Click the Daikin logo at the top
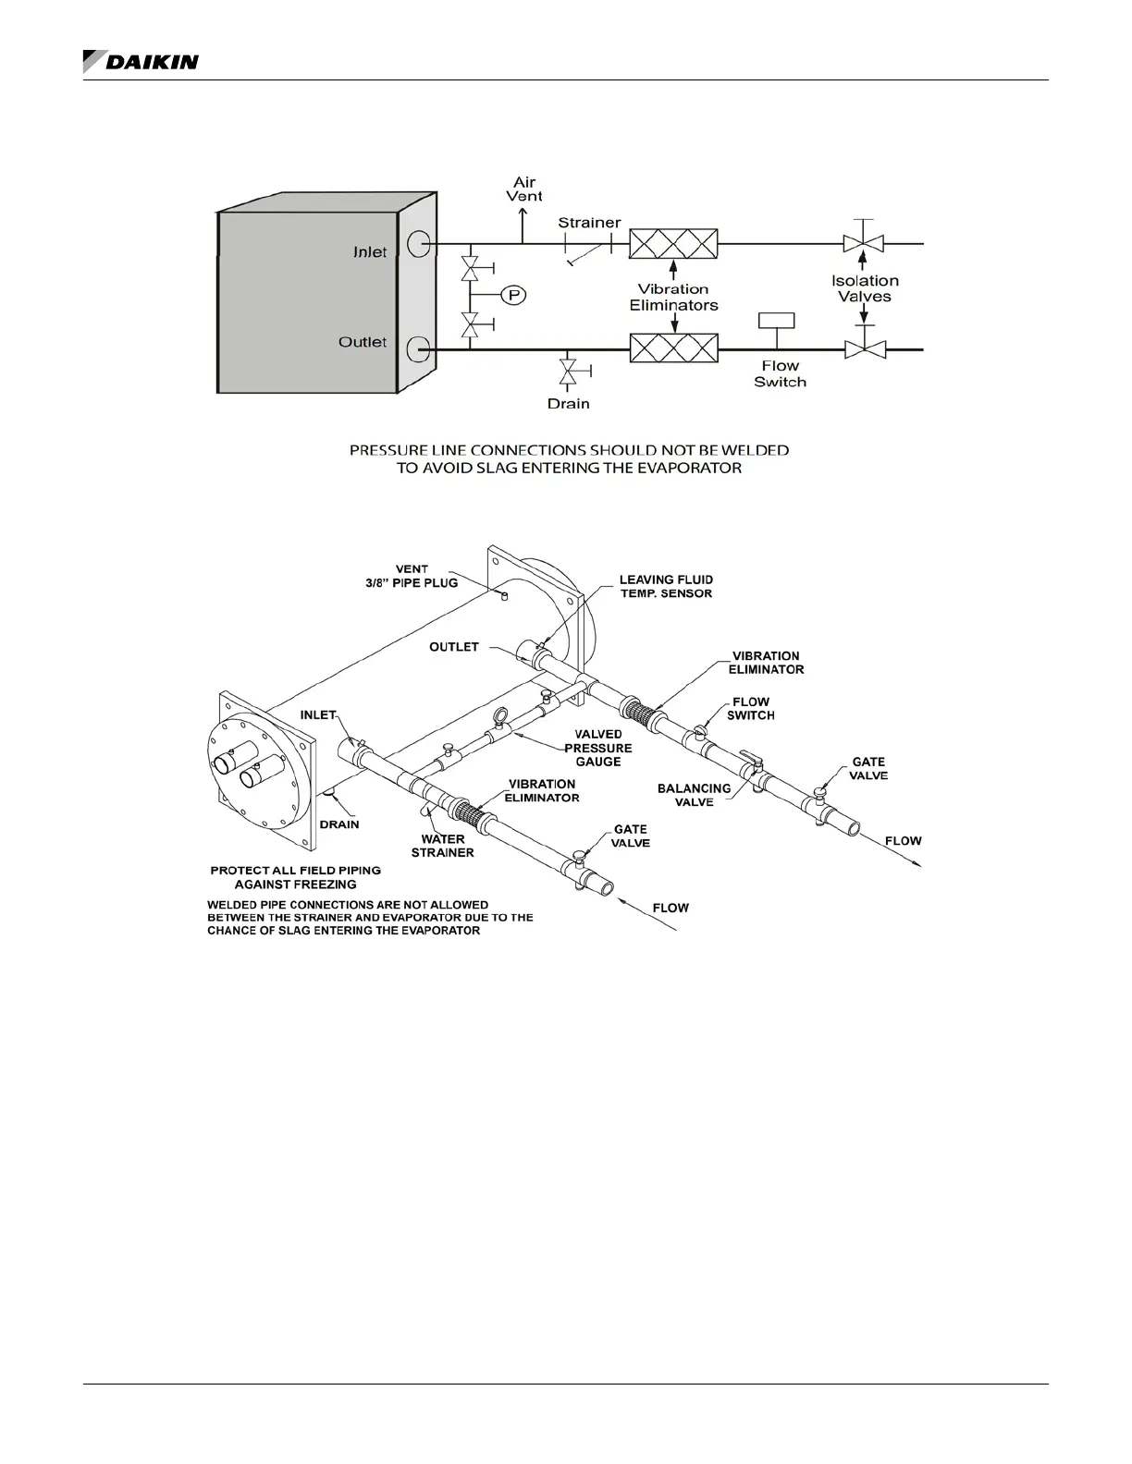pyautogui.click(x=141, y=62)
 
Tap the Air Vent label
pyautogui.click(x=524, y=189)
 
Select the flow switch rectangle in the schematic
pyautogui.click(x=776, y=321)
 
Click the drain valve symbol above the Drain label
pyautogui.click(x=567, y=372)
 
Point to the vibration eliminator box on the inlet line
pyautogui.click(x=673, y=244)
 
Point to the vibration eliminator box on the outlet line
pyautogui.click(x=673, y=349)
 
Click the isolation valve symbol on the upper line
pyautogui.click(x=864, y=243)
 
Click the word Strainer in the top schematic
pyautogui.click(x=589, y=223)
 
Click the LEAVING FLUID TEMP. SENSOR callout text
pyautogui.click(x=666, y=587)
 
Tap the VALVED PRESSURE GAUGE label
pyautogui.click(x=598, y=748)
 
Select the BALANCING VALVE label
pyautogui.click(x=694, y=795)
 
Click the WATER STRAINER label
pyautogui.click(x=442, y=846)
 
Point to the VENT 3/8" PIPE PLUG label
pyautogui.click(x=412, y=576)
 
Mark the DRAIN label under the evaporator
pyautogui.click(x=339, y=824)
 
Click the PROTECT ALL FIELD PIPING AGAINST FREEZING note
pyautogui.click(x=295, y=877)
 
